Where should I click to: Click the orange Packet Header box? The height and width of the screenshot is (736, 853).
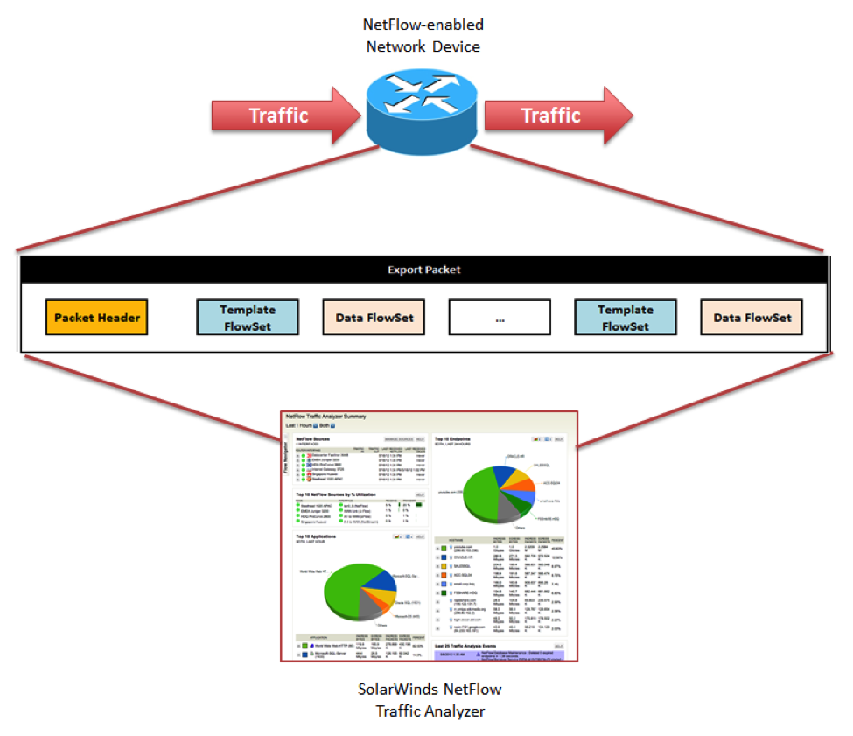click(97, 318)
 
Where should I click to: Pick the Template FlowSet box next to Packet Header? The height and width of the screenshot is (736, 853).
click(248, 318)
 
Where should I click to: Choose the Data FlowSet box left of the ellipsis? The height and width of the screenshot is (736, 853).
click(374, 318)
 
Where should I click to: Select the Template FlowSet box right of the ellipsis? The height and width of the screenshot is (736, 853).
click(626, 318)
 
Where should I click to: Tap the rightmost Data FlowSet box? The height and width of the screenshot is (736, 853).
click(752, 318)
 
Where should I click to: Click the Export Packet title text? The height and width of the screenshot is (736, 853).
click(423, 270)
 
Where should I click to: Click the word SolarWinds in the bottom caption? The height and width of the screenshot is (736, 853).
click(396, 689)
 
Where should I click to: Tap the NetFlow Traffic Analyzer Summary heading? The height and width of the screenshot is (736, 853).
click(325, 417)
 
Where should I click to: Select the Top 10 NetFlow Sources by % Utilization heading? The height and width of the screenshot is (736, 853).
click(340, 494)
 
